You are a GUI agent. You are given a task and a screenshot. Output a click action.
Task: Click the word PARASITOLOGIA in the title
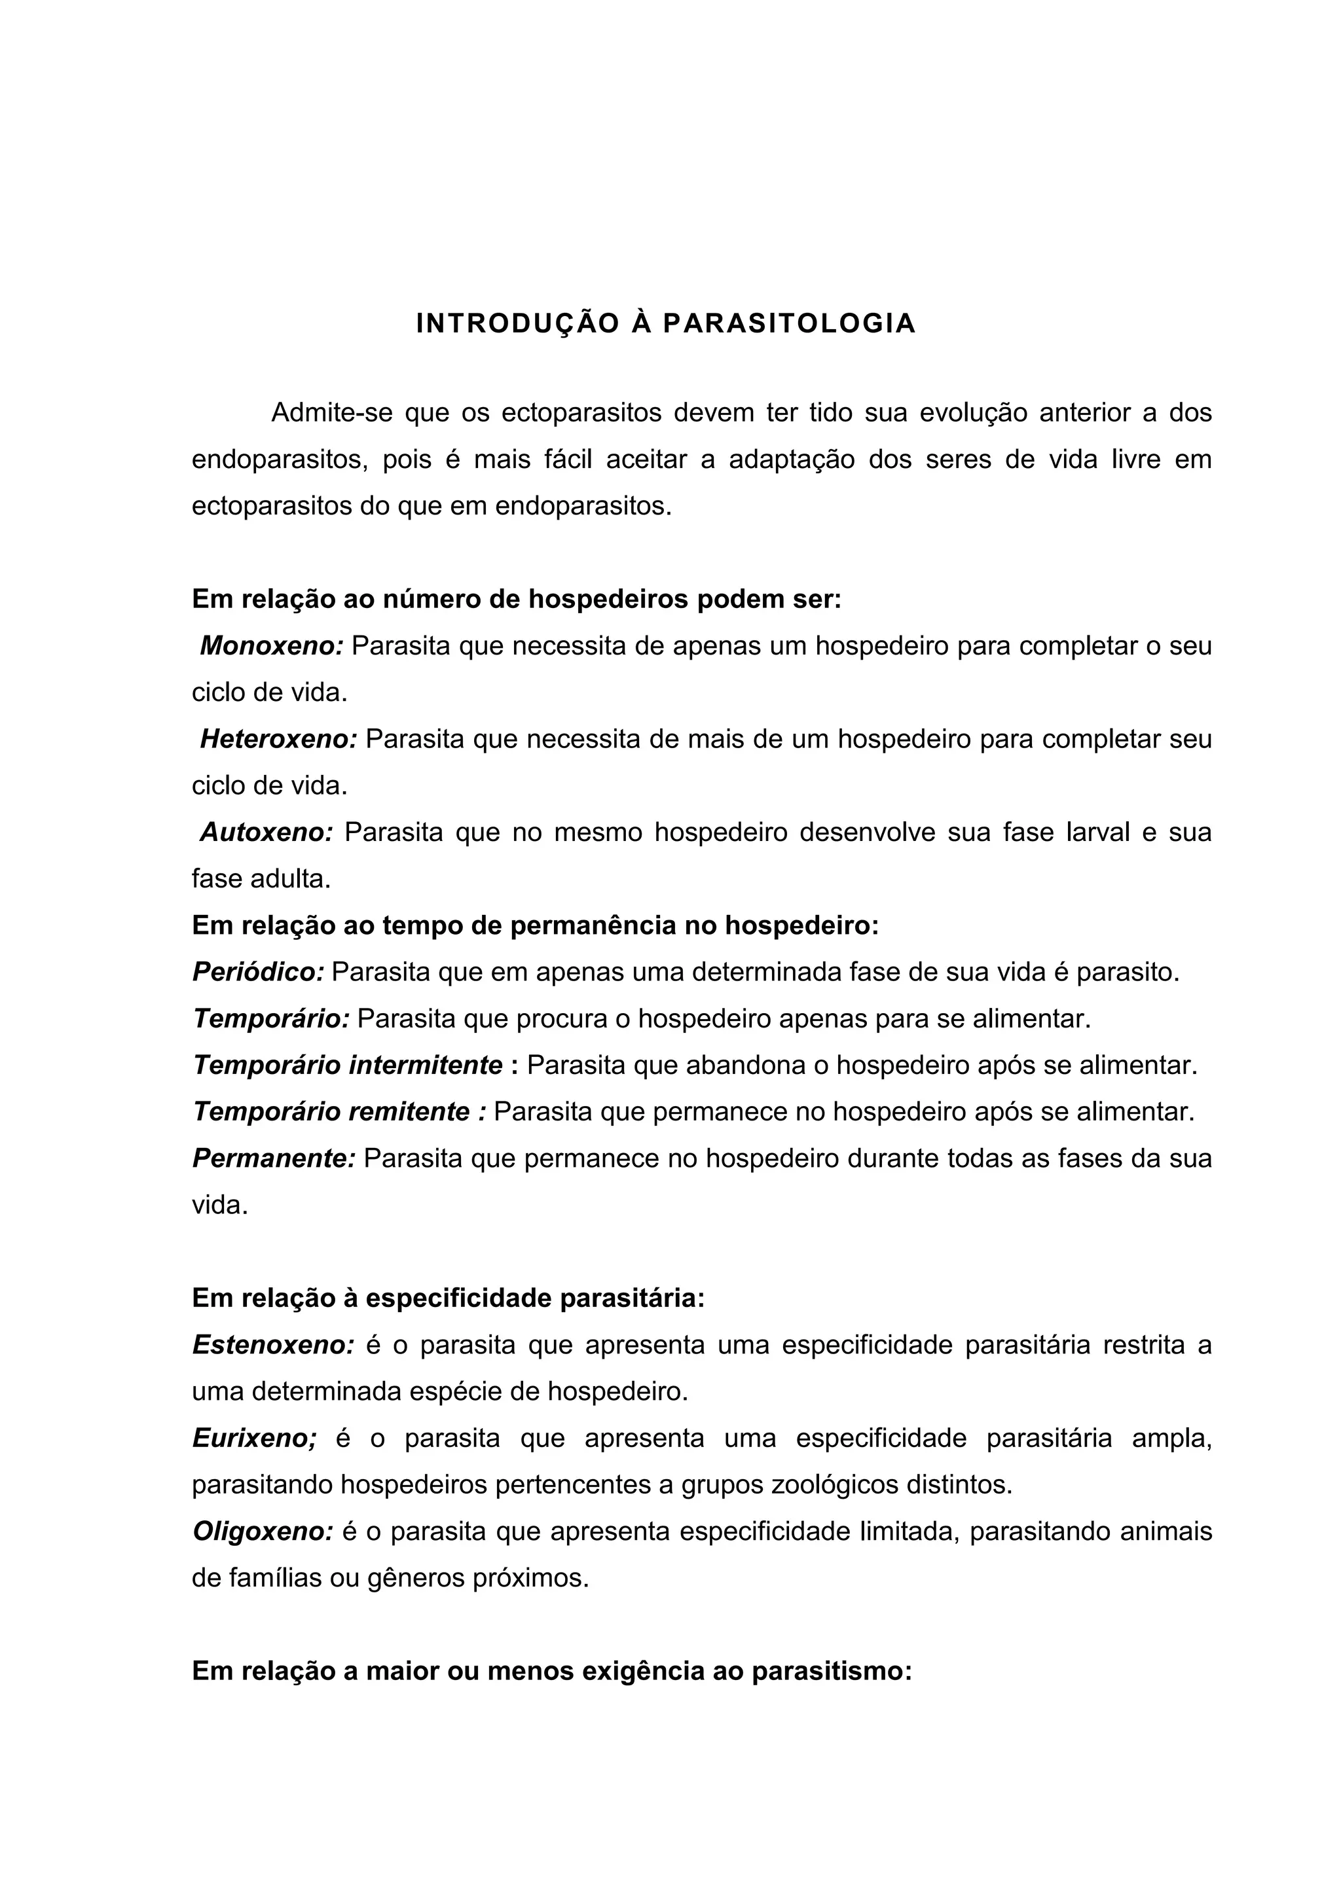789,325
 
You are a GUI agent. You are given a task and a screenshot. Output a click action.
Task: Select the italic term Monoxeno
271,646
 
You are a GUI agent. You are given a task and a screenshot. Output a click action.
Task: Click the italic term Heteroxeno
278,739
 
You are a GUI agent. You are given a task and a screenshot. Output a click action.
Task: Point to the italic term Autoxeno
265,832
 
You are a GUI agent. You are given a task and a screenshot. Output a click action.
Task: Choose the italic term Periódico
258,972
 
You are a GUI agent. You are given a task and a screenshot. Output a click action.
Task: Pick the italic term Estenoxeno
272,1345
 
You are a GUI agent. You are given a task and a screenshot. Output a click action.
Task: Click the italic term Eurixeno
253,1439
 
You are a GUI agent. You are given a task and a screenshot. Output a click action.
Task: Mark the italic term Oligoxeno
263,1532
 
